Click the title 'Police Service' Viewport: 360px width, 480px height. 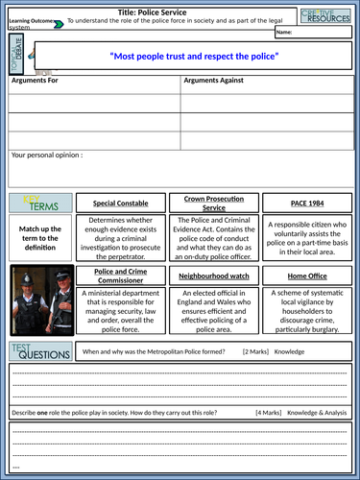(181, 8)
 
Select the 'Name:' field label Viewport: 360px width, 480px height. (284, 34)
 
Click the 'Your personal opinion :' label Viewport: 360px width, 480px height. (47, 154)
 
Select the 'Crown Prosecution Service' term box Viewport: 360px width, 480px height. (218, 204)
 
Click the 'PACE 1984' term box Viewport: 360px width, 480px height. (307, 204)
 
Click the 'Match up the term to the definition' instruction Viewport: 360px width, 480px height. (38, 236)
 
